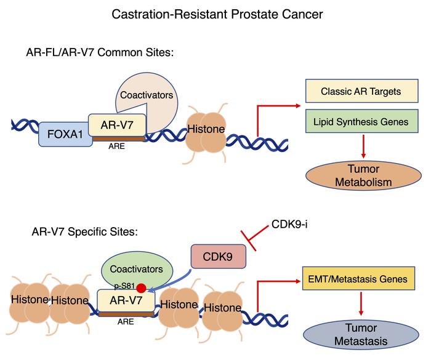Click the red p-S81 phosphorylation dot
[x=142, y=288]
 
